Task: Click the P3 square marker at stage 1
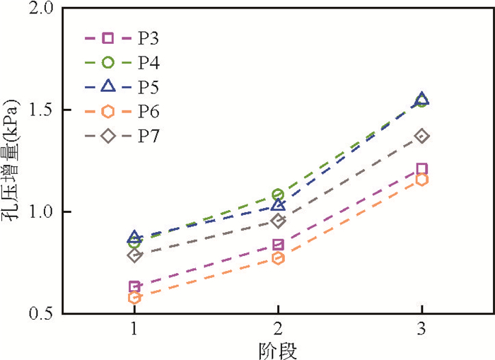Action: pos(134,286)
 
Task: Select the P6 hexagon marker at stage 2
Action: pos(278,258)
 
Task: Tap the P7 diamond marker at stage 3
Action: pos(421,136)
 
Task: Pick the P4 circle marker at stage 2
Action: pos(278,194)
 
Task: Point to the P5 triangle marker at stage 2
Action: pos(278,205)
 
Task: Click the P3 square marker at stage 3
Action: pos(421,169)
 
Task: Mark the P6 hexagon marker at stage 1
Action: pos(134,298)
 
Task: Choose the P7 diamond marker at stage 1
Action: pos(134,255)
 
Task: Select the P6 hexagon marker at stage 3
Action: pos(421,180)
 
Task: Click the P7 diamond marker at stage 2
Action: pos(278,221)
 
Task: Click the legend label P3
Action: pos(148,38)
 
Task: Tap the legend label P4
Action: pos(148,63)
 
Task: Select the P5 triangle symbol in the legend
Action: pos(108,87)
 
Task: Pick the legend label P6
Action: pos(148,112)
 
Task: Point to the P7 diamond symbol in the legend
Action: pos(108,136)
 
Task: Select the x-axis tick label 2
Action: pos(278,330)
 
